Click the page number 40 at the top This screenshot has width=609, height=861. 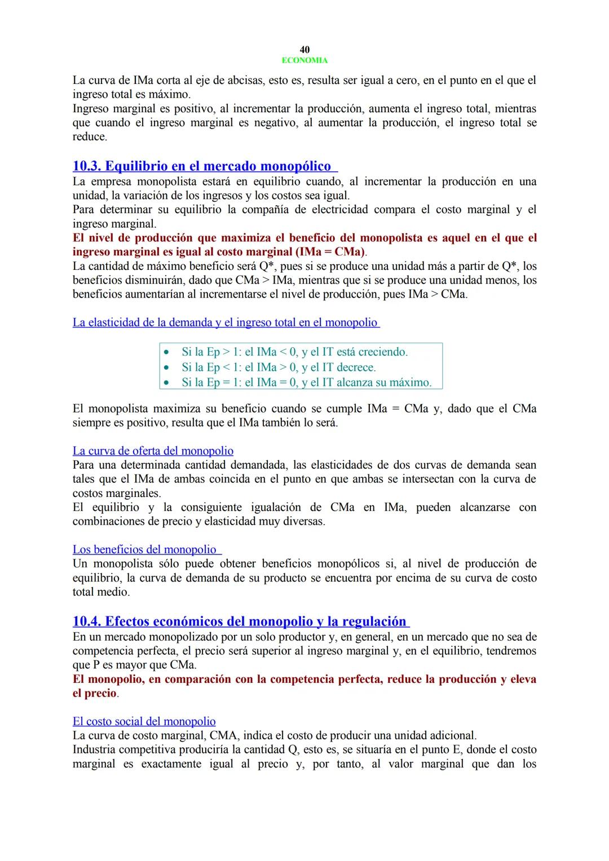pyautogui.click(x=304, y=50)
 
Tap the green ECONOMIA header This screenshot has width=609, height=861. pyautogui.click(x=304, y=60)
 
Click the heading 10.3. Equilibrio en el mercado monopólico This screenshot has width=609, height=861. pyautogui.click(x=204, y=166)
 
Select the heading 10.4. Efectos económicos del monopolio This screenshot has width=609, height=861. pyautogui.click(x=240, y=622)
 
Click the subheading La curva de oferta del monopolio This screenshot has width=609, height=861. pyautogui.click(x=153, y=451)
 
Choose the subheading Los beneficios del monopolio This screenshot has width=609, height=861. pyautogui.click(x=145, y=549)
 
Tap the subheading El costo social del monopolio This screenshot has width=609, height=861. pyautogui.click(x=144, y=721)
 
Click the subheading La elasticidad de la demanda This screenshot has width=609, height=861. pyautogui.click(x=225, y=322)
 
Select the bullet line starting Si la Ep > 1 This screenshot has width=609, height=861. pyautogui.click(x=294, y=352)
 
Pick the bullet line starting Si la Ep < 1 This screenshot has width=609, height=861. pyautogui.click(x=279, y=367)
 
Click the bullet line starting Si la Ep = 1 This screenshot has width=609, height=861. pyautogui.click(x=306, y=382)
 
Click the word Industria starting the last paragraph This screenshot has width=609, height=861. pyautogui.click(x=94, y=749)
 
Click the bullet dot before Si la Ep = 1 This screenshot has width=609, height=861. pyautogui.click(x=166, y=383)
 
